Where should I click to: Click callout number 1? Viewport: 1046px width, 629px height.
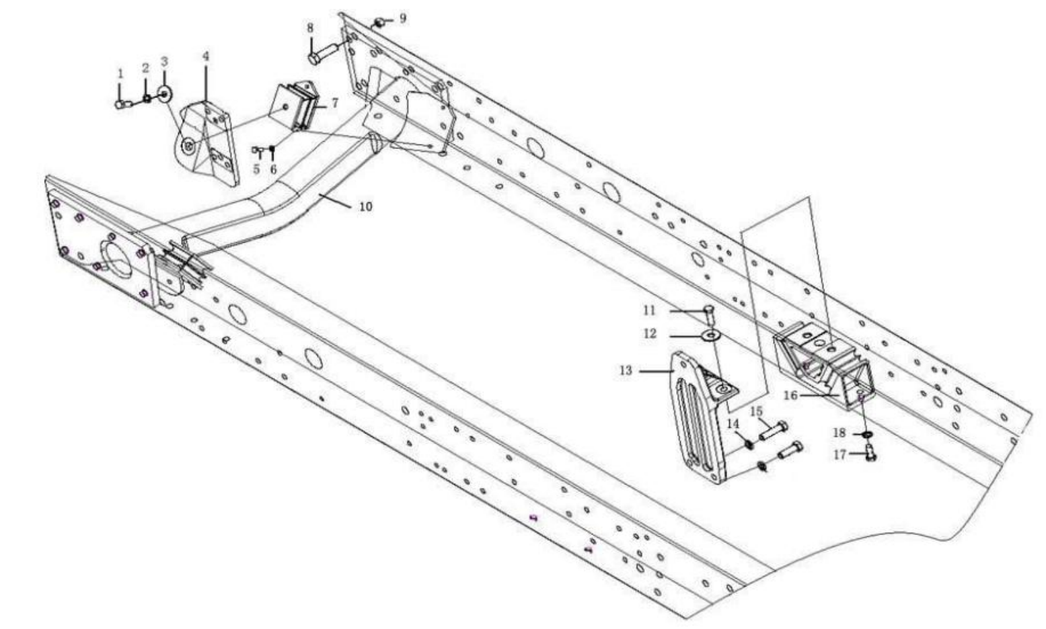click(120, 73)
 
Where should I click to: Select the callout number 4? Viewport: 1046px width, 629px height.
click(206, 56)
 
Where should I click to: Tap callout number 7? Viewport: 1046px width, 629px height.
click(334, 103)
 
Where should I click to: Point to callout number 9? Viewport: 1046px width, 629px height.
click(402, 17)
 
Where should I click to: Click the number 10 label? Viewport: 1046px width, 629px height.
click(365, 206)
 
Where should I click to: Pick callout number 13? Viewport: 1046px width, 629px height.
click(626, 370)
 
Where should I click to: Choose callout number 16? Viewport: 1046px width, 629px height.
click(790, 395)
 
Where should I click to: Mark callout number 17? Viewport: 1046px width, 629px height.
click(840, 454)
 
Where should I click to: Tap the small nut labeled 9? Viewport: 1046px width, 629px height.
click(379, 23)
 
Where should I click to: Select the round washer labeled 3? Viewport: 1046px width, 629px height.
click(164, 92)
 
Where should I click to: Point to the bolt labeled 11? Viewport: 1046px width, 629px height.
click(710, 311)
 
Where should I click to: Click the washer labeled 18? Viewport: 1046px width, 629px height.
click(868, 435)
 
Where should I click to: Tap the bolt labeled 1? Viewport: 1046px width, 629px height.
click(122, 103)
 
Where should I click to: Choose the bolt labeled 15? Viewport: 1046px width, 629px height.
click(774, 431)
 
